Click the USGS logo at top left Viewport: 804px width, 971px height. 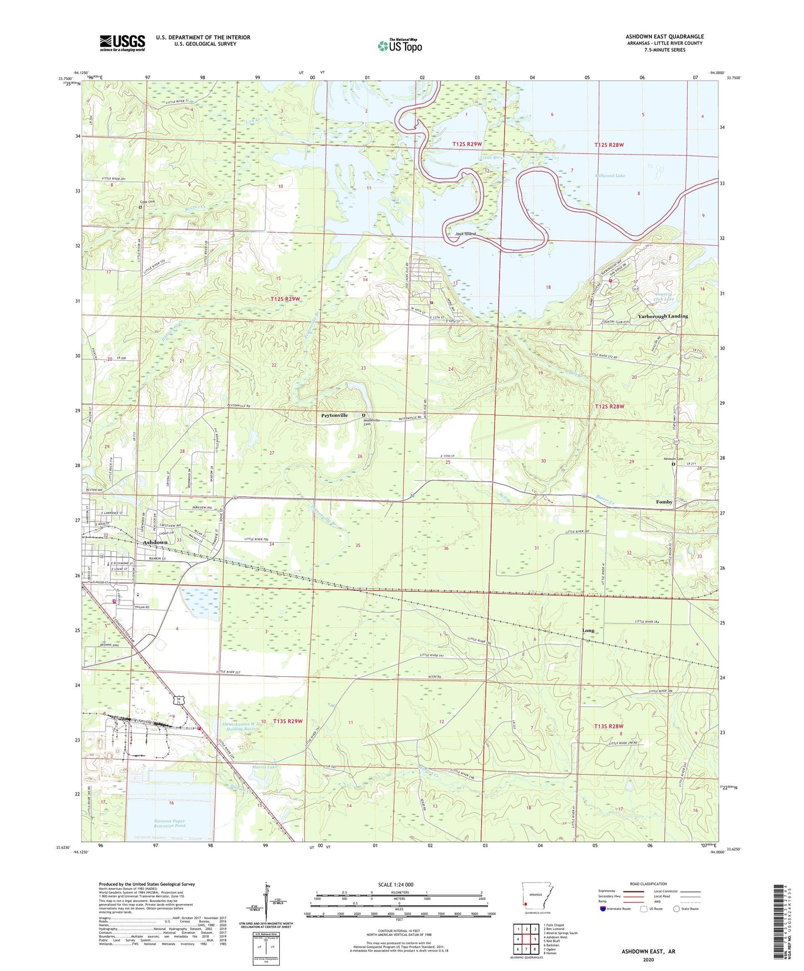(122, 43)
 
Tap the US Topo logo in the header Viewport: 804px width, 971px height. (399, 46)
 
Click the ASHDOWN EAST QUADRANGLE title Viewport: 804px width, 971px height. (664, 37)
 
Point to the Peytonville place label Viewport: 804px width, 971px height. (334, 415)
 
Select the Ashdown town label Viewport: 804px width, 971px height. (155, 542)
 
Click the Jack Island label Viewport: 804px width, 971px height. (465, 234)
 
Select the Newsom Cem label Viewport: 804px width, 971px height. (673, 459)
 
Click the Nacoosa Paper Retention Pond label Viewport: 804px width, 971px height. (170, 823)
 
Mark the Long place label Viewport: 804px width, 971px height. (588, 631)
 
